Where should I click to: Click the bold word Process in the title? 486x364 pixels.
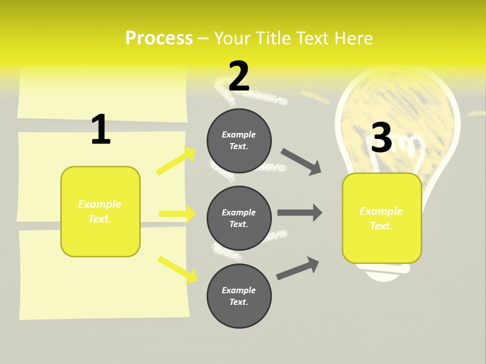point(159,38)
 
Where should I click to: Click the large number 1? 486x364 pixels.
point(101,129)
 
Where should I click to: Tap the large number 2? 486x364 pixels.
point(239,76)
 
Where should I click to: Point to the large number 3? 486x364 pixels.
point(382,138)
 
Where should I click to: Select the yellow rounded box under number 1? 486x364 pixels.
point(100,211)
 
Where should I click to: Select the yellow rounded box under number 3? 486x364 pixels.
point(382,218)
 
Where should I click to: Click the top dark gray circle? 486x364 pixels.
point(239,141)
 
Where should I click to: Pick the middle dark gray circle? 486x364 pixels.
point(239,218)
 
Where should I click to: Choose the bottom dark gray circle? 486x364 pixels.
point(239,296)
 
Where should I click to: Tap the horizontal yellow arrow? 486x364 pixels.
point(177,214)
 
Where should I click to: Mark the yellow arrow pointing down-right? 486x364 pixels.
point(177,269)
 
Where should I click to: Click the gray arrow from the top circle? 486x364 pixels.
point(301,162)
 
